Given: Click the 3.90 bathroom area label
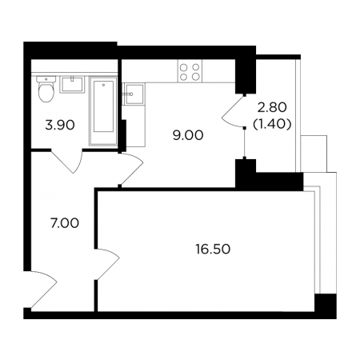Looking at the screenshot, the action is tap(60, 125).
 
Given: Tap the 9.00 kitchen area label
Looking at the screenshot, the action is tap(188, 135).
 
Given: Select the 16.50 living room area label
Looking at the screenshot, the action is tap(213, 250).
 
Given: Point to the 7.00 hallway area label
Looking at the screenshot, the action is tap(65, 223).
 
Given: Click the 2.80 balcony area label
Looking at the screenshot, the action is tap(272, 107).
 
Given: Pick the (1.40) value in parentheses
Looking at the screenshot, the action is tap(272, 124).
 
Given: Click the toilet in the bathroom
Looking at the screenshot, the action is tap(46, 89).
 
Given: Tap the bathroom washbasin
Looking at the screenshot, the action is tap(72, 85).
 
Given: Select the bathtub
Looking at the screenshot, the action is tap(103, 111).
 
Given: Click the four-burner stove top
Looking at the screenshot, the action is tap(190, 71).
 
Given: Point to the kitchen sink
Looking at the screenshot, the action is tap(134, 94).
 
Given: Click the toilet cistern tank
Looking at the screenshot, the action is tap(46, 79).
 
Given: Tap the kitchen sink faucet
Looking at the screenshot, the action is tap(128, 94).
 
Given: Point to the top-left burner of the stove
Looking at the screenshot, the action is tap(184, 67).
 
